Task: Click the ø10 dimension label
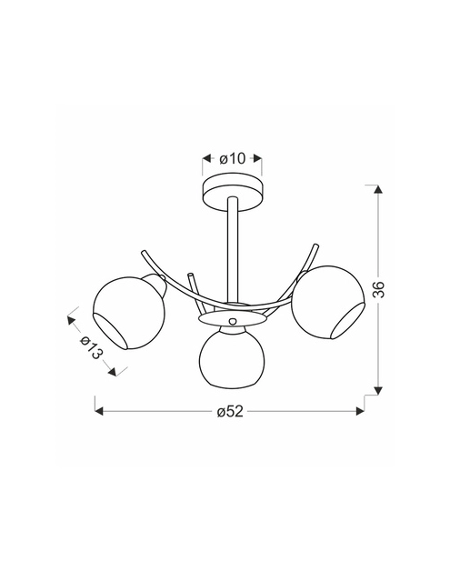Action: coord(233,158)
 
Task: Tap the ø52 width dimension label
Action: coord(230,412)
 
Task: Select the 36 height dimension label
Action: coord(379,289)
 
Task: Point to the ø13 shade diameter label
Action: coord(92,346)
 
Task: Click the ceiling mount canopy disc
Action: coord(233,193)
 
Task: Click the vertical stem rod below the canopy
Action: coord(232,251)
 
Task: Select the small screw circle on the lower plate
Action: coord(232,322)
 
